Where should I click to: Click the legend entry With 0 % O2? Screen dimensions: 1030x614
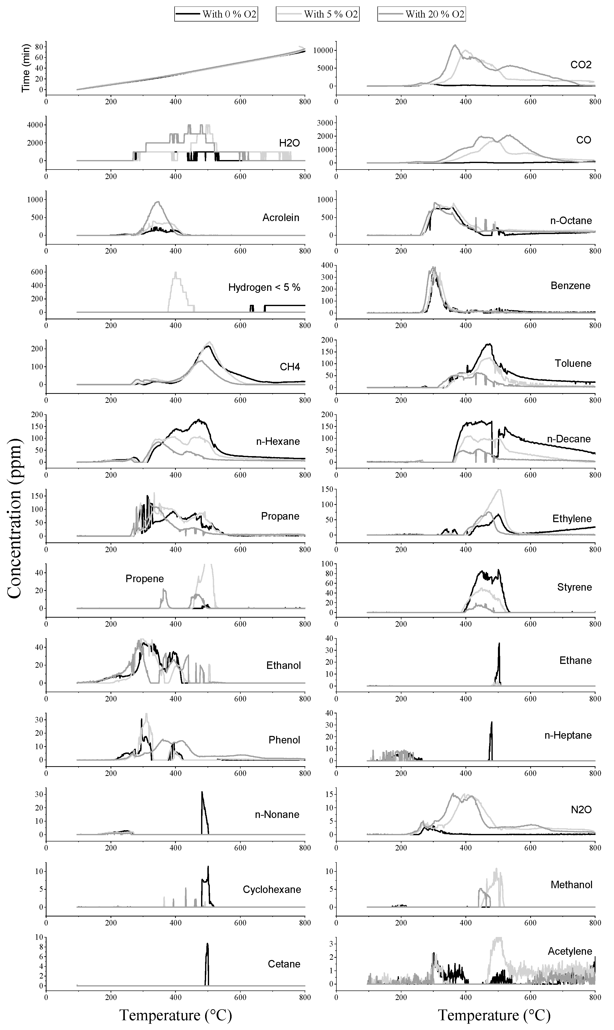(x=216, y=14)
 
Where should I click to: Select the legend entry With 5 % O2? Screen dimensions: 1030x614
(x=318, y=14)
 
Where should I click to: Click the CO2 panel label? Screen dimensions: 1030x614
(x=580, y=65)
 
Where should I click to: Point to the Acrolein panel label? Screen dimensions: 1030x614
(x=281, y=218)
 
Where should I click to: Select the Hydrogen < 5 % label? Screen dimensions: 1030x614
(x=264, y=288)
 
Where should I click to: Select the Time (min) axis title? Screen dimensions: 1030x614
(x=26, y=68)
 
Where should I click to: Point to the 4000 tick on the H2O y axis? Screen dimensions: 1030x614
(x=32, y=125)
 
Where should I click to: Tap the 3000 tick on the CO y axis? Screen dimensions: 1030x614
(x=323, y=123)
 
